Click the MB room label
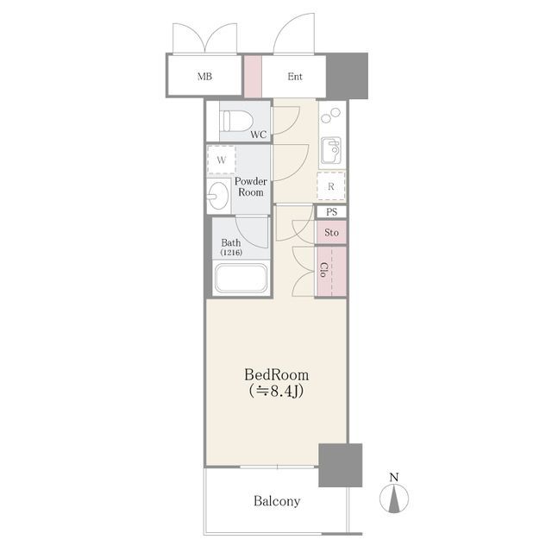(204, 76)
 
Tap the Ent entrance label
(295, 76)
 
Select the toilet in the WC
(236, 121)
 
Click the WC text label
(259, 135)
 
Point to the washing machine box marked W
(222, 160)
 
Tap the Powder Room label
(251, 187)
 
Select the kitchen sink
(331, 151)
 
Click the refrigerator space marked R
(331, 186)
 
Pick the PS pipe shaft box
(331, 212)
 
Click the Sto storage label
(331, 232)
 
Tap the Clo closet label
(323, 270)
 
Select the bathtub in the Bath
(241, 278)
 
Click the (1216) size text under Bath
(231, 253)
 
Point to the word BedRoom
(277, 375)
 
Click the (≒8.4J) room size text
(276, 391)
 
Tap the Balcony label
(277, 501)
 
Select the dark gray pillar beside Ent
(347, 76)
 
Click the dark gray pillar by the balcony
(341, 465)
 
